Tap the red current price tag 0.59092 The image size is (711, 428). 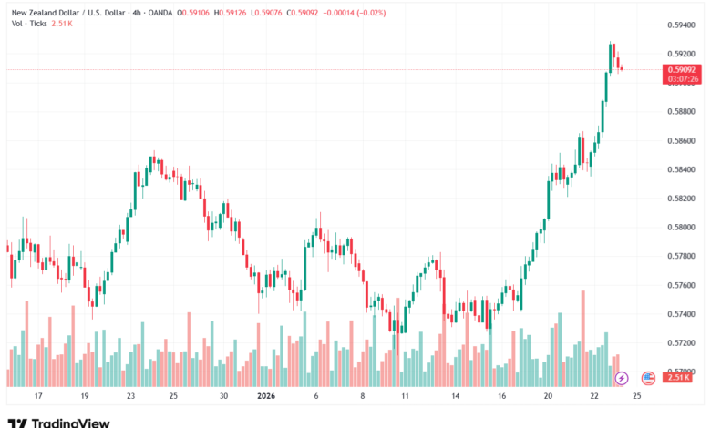tap(683, 69)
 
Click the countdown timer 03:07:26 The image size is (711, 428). tap(683, 79)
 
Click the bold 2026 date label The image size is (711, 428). tap(266, 397)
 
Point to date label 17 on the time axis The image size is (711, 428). tap(38, 397)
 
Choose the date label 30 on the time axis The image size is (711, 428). tap(223, 397)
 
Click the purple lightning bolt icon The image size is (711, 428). tap(622, 377)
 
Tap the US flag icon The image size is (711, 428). tap(648, 377)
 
